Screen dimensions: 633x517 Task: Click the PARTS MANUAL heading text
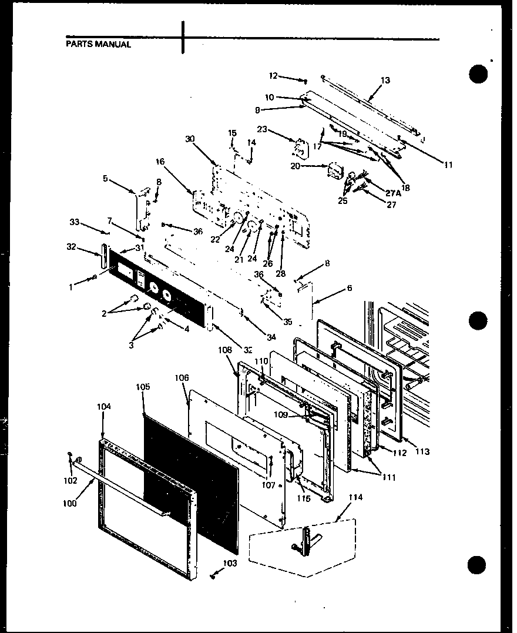[98, 44]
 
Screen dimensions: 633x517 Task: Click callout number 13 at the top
[385, 81]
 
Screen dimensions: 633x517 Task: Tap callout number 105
[143, 387]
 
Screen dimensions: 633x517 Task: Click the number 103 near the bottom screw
[230, 563]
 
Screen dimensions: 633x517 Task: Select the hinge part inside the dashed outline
[307, 539]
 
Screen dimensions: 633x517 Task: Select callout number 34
[270, 337]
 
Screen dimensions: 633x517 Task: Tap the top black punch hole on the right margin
[479, 75]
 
